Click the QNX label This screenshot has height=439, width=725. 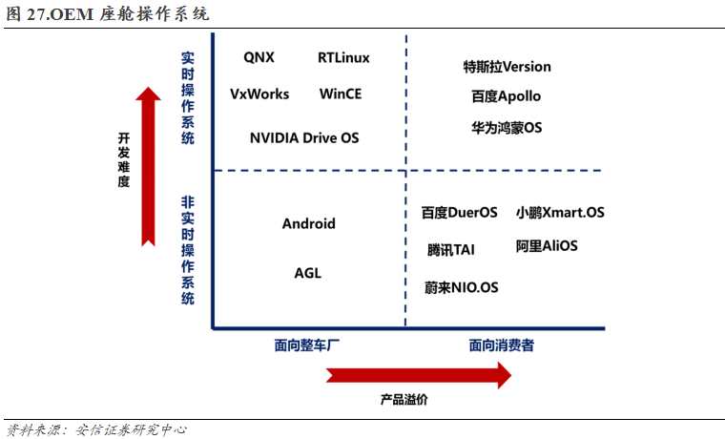coord(259,57)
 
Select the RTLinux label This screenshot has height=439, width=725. coord(343,57)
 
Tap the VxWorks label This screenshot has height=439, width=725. coord(259,94)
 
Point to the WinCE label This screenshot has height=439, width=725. coord(341,94)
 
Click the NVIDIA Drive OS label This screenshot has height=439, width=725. coord(304,137)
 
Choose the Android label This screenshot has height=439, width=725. coord(309,223)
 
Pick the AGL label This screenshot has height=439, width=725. coord(308,273)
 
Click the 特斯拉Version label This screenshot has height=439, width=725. coord(507,67)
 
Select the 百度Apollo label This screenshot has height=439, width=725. coord(506,96)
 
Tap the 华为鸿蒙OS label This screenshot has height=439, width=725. coord(506,127)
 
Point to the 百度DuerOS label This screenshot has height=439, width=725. coord(459,213)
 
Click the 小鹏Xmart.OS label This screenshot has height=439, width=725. coord(560,212)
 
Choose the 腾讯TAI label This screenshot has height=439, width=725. coord(450,250)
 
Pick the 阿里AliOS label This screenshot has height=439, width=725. coord(547,246)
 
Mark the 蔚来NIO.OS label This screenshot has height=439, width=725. coord(461,286)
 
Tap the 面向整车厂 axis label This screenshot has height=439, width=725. coord(308,345)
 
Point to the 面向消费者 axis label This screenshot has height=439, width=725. coord(501,345)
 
